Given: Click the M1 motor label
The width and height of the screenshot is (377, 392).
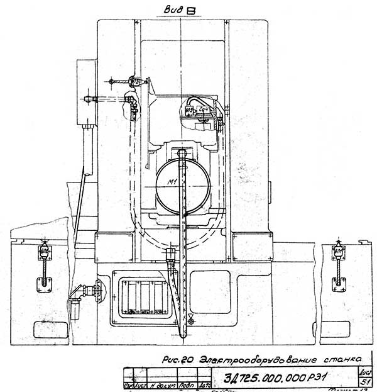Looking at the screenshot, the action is (183, 182).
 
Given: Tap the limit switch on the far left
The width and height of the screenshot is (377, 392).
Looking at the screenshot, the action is (45, 252).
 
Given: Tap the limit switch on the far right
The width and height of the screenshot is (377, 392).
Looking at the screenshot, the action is (339, 252).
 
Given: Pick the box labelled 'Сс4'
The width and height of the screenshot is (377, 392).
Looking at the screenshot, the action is (204, 110).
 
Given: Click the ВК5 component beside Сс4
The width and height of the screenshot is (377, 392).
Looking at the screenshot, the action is (190, 111).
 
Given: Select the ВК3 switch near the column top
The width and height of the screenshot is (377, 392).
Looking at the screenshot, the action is (134, 82).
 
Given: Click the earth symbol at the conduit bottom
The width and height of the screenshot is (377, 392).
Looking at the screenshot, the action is (191, 322).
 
